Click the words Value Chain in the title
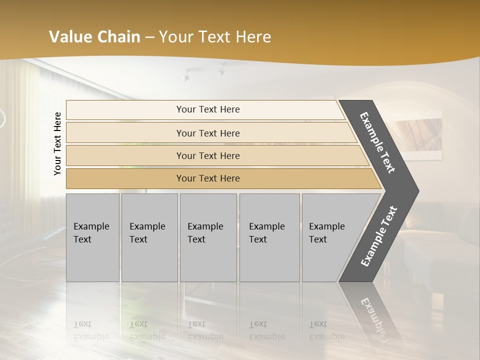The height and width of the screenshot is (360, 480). [x=94, y=37]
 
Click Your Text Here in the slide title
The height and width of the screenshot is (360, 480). [x=215, y=37]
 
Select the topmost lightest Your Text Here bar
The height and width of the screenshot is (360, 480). [x=207, y=109]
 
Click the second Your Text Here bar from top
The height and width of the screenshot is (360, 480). [x=207, y=133]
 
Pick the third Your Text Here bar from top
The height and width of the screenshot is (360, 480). [x=207, y=155]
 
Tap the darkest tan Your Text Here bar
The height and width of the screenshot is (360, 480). [x=207, y=178]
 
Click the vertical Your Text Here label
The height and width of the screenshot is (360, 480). [x=57, y=143]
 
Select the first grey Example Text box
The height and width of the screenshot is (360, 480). [x=92, y=237]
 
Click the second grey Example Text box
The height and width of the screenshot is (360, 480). [x=149, y=237]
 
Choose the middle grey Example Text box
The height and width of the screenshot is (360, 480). [x=208, y=237]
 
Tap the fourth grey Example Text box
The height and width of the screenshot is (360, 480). [x=269, y=237]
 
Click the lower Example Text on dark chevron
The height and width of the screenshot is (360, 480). [x=378, y=236]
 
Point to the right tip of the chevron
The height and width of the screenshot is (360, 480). [x=417, y=190]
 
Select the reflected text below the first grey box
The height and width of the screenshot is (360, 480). [x=91, y=330]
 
